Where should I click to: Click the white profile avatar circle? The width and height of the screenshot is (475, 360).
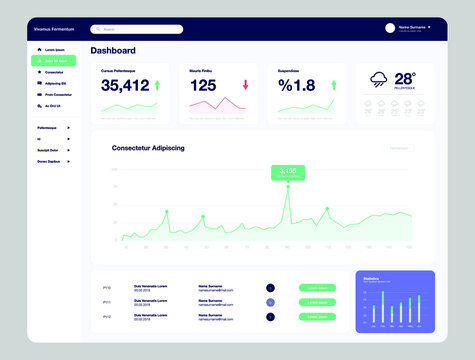tap(390, 28)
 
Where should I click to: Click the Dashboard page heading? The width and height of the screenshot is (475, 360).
tap(113, 50)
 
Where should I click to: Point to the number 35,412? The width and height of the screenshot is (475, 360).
tap(125, 86)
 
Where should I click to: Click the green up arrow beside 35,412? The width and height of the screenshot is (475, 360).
tap(157, 85)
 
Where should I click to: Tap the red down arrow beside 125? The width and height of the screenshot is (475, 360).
tap(245, 85)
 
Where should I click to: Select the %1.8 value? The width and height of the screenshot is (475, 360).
tap(297, 86)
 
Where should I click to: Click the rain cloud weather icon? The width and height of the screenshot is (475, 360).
tap(378, 82)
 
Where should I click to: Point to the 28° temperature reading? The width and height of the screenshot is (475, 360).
tap(405, 78)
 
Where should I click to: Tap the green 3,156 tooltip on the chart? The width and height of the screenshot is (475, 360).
tap(287, 172)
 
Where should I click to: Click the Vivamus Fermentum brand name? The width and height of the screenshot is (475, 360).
tap(51, 29)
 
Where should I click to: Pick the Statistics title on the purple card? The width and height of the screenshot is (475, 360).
tap(371, 279)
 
